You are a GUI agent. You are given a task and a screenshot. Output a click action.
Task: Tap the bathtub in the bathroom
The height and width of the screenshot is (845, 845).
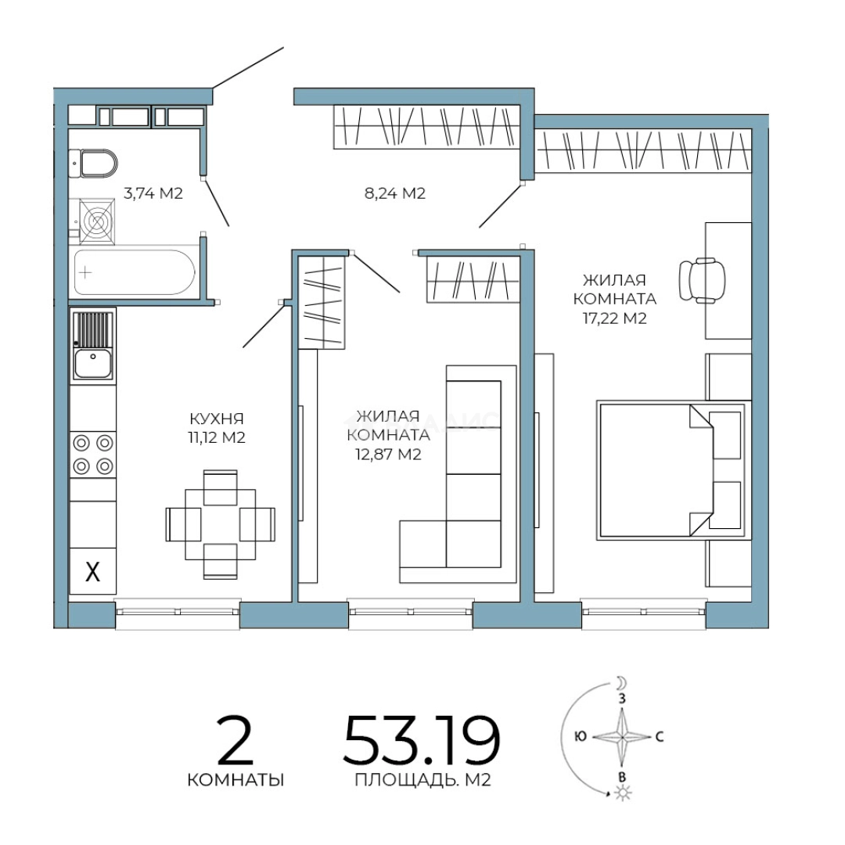coord(135,272)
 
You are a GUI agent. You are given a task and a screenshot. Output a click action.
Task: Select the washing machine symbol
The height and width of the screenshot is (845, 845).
coord(97,221)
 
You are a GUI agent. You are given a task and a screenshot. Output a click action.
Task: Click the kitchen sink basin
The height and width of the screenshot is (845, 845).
coord(92,363)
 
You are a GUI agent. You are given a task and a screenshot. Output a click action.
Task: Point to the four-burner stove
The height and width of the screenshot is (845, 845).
coord(92,455)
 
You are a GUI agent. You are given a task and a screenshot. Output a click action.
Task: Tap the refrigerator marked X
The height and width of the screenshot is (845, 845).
coord(92,571)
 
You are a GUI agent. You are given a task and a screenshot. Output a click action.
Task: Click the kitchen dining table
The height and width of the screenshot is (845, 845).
coord(220,524)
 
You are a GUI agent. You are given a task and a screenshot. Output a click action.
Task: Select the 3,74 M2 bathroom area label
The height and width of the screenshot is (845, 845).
coord(153,193)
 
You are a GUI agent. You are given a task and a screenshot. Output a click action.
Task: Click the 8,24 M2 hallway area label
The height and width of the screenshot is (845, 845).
coord(395,193)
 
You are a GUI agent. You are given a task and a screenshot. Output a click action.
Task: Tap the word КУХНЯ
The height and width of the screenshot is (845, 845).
coord(217,418)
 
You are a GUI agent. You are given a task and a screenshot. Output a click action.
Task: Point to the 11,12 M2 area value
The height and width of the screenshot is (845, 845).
coord(217,437)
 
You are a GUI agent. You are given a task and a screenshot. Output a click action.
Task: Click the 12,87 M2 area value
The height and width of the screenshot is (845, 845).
coord(388,455)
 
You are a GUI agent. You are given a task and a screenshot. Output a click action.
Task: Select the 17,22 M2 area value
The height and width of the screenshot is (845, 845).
coord(614,318)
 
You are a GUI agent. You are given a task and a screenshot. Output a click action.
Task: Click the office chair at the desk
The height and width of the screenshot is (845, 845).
coord(702,280)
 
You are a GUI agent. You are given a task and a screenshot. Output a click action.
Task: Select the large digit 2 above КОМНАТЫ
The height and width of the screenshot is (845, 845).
coord(235,740)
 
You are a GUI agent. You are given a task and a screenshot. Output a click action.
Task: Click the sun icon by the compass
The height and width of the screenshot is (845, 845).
coord(623,793)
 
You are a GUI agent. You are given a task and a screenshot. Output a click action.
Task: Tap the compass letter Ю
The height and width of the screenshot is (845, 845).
coord(581,736)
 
